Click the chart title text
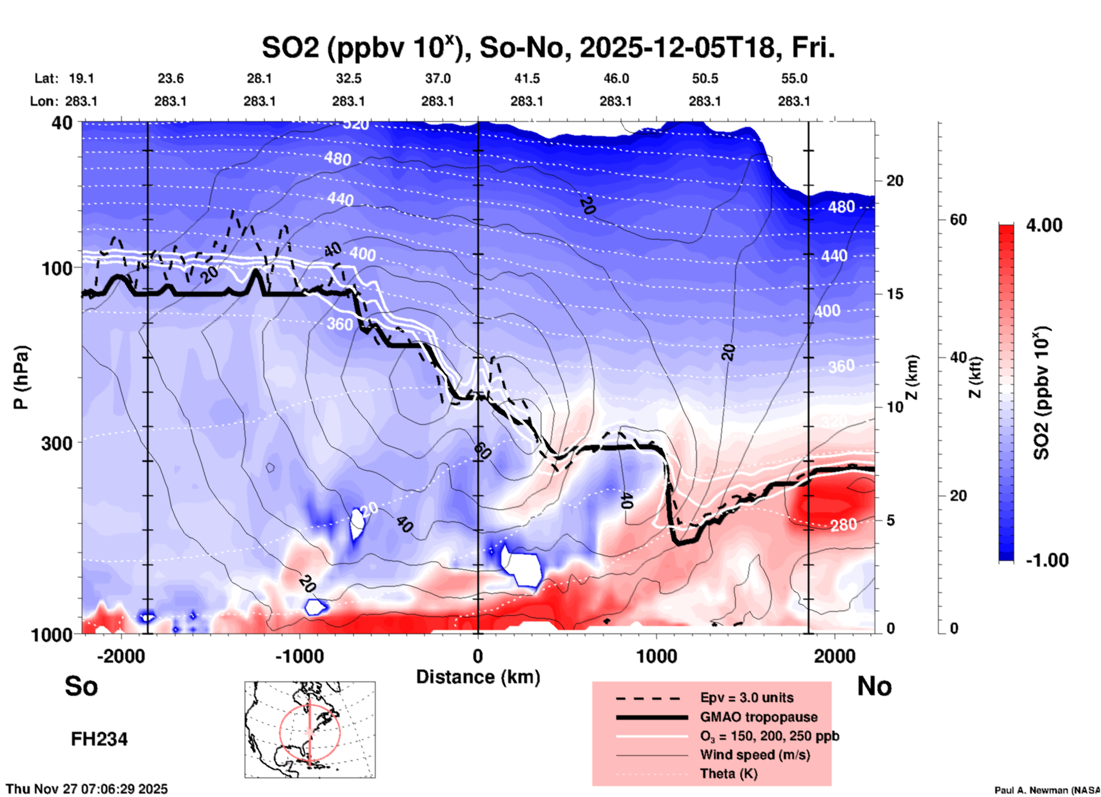548,48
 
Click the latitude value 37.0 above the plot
437,78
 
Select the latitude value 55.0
793,78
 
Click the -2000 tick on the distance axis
121,656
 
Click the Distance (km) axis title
478,677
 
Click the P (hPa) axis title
21,377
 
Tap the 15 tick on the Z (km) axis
895,294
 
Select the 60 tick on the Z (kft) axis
958,220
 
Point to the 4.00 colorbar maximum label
1044,225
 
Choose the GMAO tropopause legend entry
759,717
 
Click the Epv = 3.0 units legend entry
747,698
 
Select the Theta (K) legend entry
728,774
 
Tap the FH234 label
99,739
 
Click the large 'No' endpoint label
874,686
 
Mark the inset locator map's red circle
280,732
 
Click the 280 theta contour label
843,524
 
